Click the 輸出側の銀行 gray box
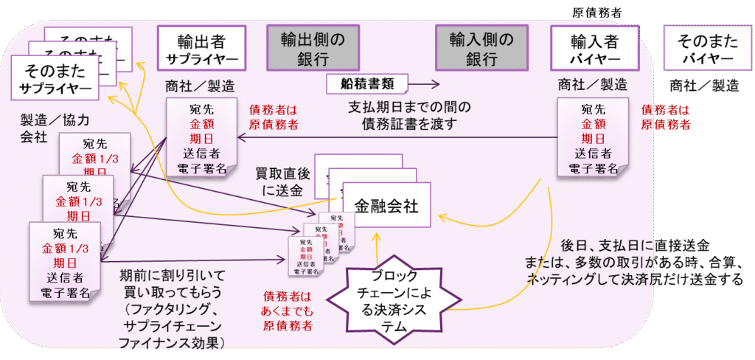coord(307,49)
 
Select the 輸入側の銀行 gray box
coord(475,49)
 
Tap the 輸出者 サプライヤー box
coord(201,49)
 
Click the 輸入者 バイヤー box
coord(594,49)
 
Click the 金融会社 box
coord(386,206)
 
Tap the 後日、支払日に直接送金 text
coord(635,246)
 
